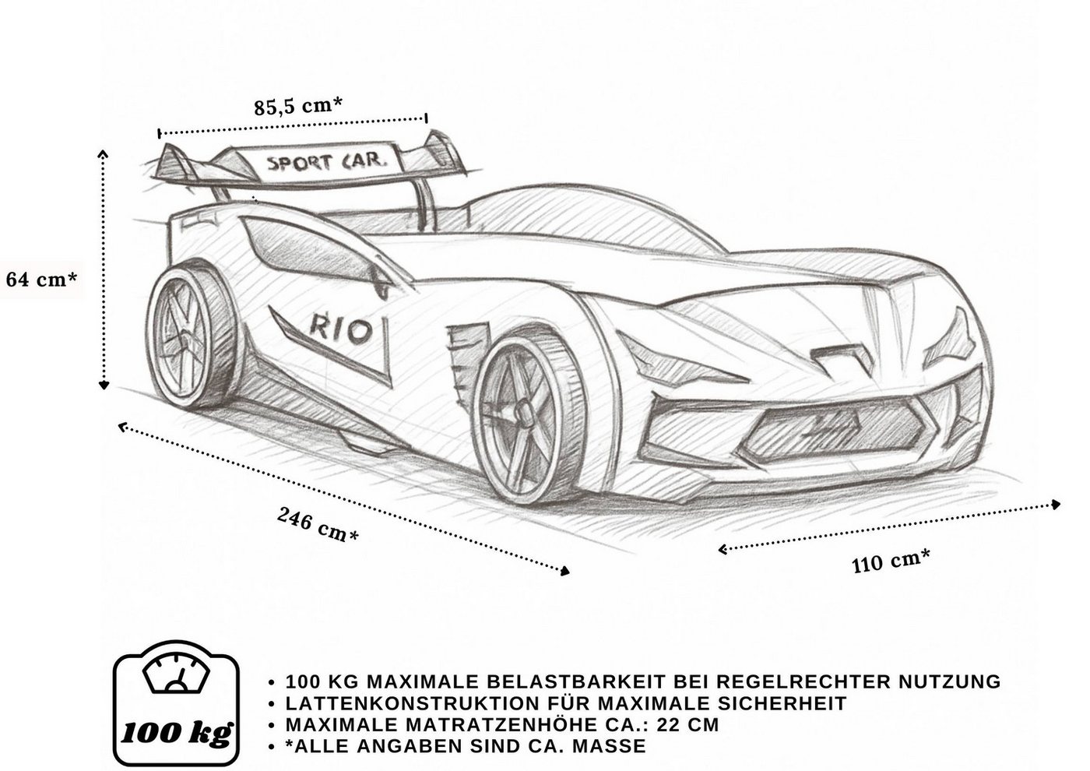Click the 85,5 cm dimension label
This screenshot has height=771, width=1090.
point(297,105)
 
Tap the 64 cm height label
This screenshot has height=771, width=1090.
point(41,280)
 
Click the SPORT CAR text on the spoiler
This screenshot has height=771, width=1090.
point(327,163)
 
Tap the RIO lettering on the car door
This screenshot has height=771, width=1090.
point(340,329)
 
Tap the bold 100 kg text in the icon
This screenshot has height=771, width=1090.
point(176,733)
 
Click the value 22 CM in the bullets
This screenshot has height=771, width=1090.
point(687,725)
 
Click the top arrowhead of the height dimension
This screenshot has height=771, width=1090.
point(103,155)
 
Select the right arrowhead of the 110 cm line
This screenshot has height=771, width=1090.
point(1056,505)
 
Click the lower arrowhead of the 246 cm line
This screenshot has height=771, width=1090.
point(564,571)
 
